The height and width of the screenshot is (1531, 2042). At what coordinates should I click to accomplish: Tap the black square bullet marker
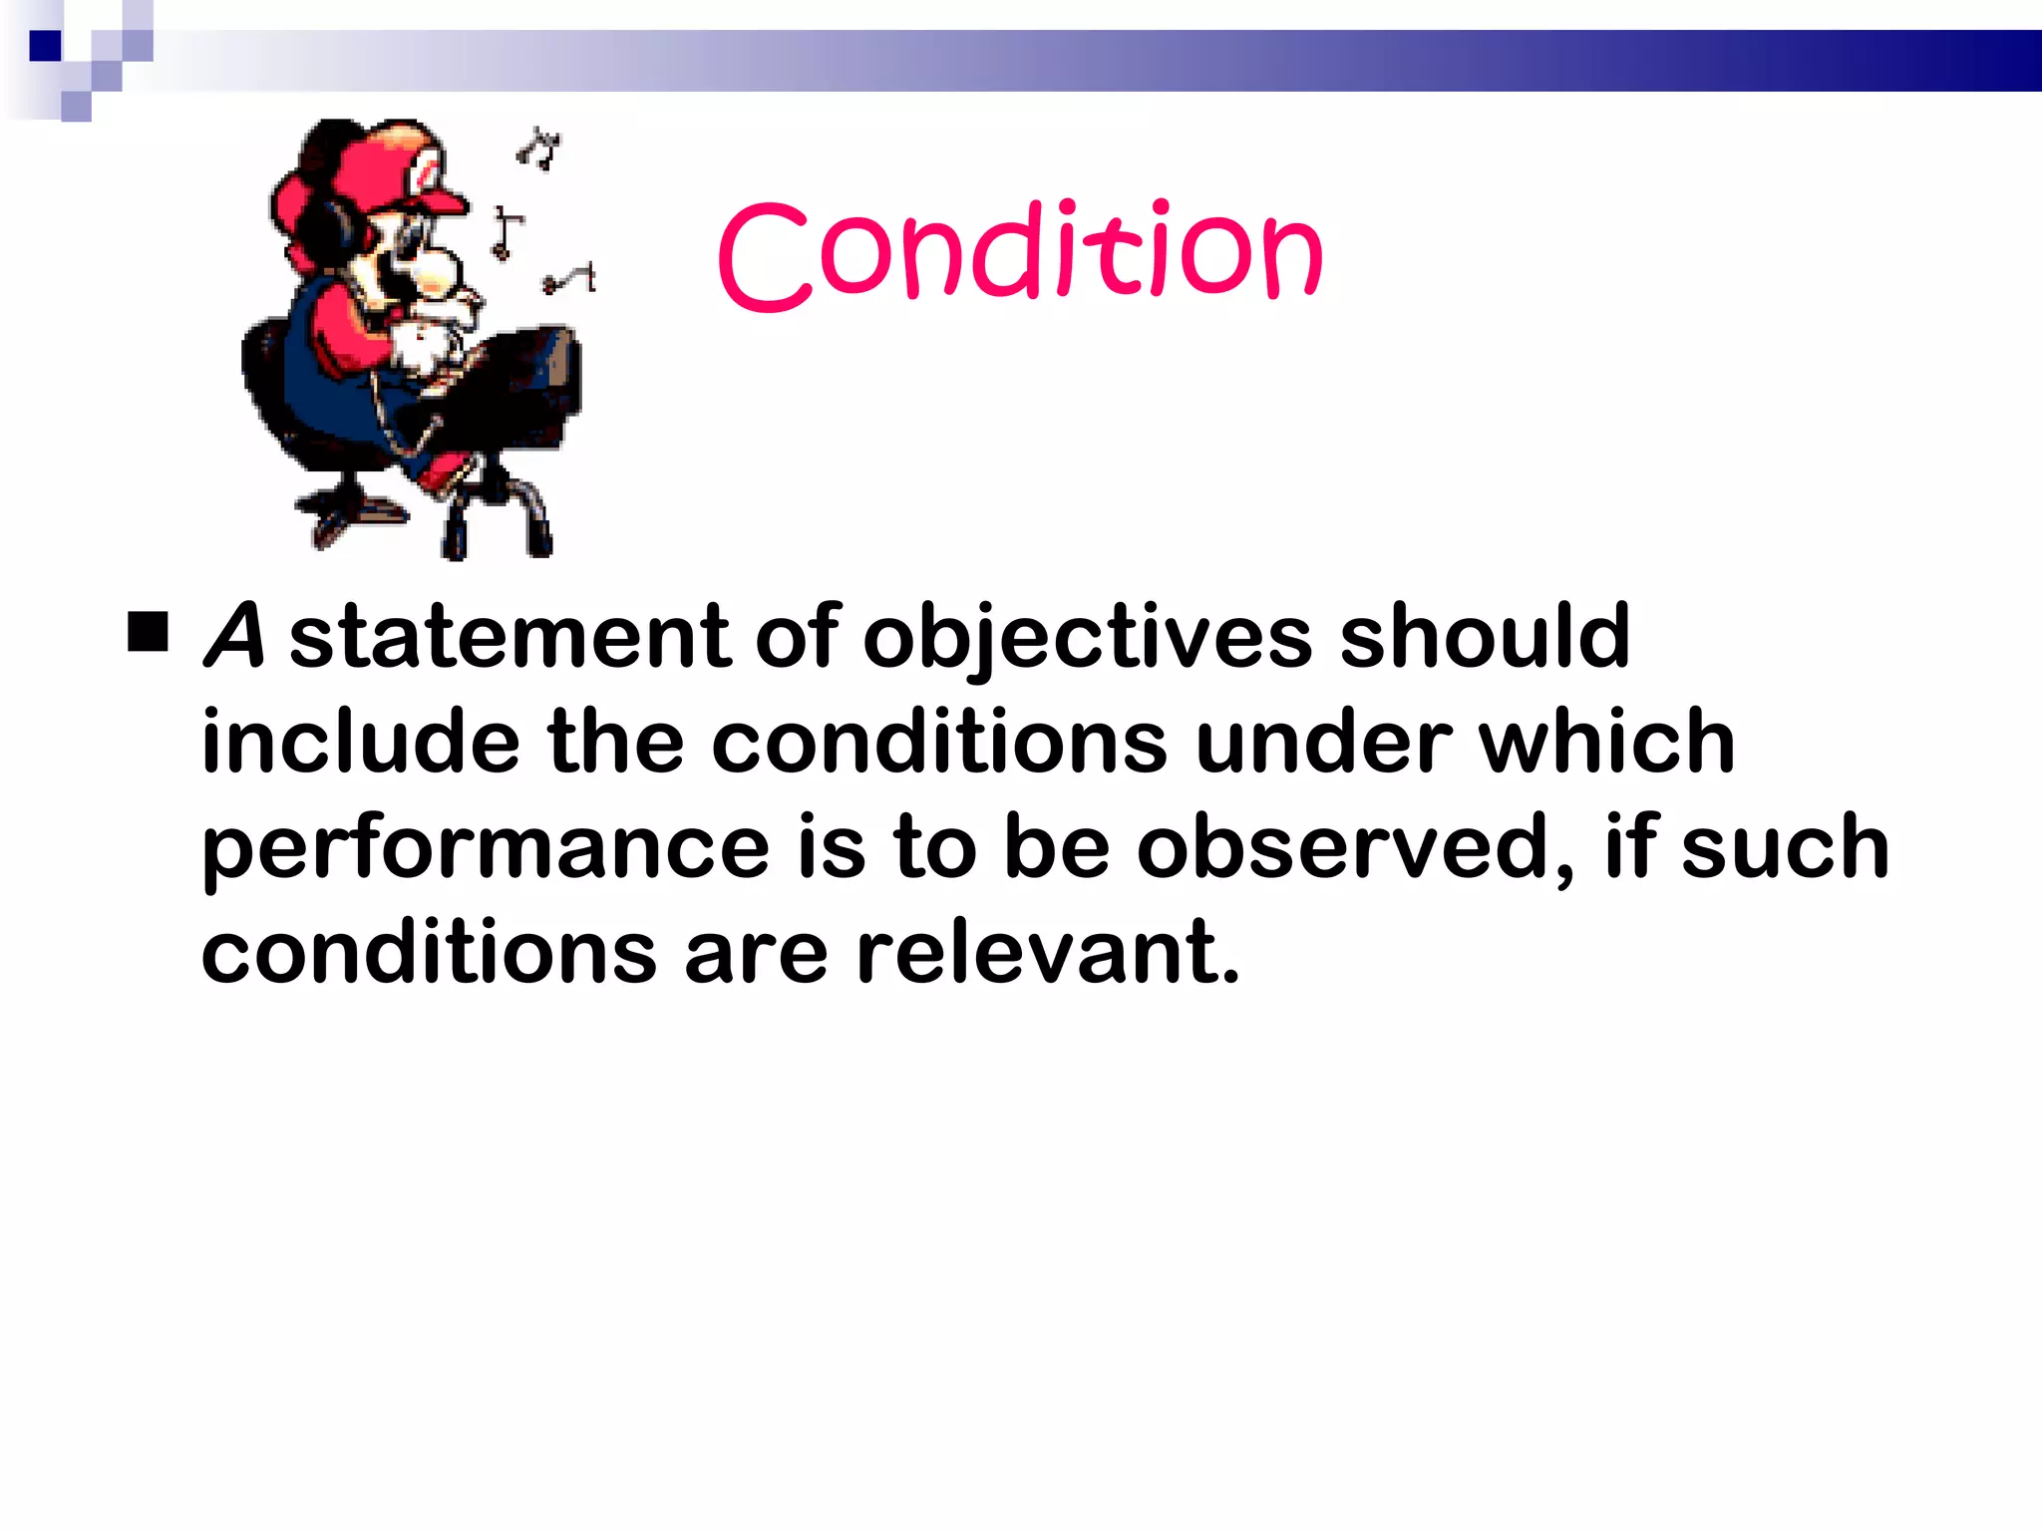(x=149, y=632)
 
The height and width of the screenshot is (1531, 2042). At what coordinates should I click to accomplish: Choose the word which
(x=1606, y=742)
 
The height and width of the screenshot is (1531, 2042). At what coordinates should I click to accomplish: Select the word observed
(x=1354, y=847)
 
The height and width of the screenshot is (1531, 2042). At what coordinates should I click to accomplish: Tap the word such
(x=1784, y=847)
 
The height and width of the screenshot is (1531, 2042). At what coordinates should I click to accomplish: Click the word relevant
(x=1048, y=953)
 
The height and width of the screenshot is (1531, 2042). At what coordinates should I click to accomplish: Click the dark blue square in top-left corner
(x=45, y=46)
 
